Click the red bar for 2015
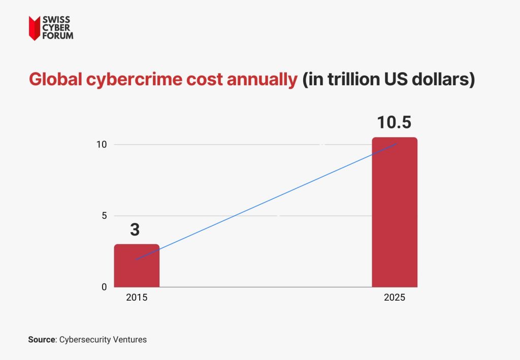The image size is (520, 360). click(136, 266)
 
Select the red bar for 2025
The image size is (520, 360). click(395, 212)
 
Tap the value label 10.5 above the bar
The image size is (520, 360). click(395, 123)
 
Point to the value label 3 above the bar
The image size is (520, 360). click(135, 230)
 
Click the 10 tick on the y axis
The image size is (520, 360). click(102, 145)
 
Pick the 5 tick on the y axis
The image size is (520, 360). click(104, 216)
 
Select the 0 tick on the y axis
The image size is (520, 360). click(104, 287)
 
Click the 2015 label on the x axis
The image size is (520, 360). click(136, 298)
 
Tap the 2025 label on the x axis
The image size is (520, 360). click(395, 298)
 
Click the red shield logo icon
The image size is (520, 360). click(34, 28)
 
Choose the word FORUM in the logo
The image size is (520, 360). click(58, 36)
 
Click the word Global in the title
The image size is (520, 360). click(53, 80)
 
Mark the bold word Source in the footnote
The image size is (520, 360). click(41, 340)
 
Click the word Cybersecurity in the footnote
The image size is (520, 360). click(84, 340)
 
